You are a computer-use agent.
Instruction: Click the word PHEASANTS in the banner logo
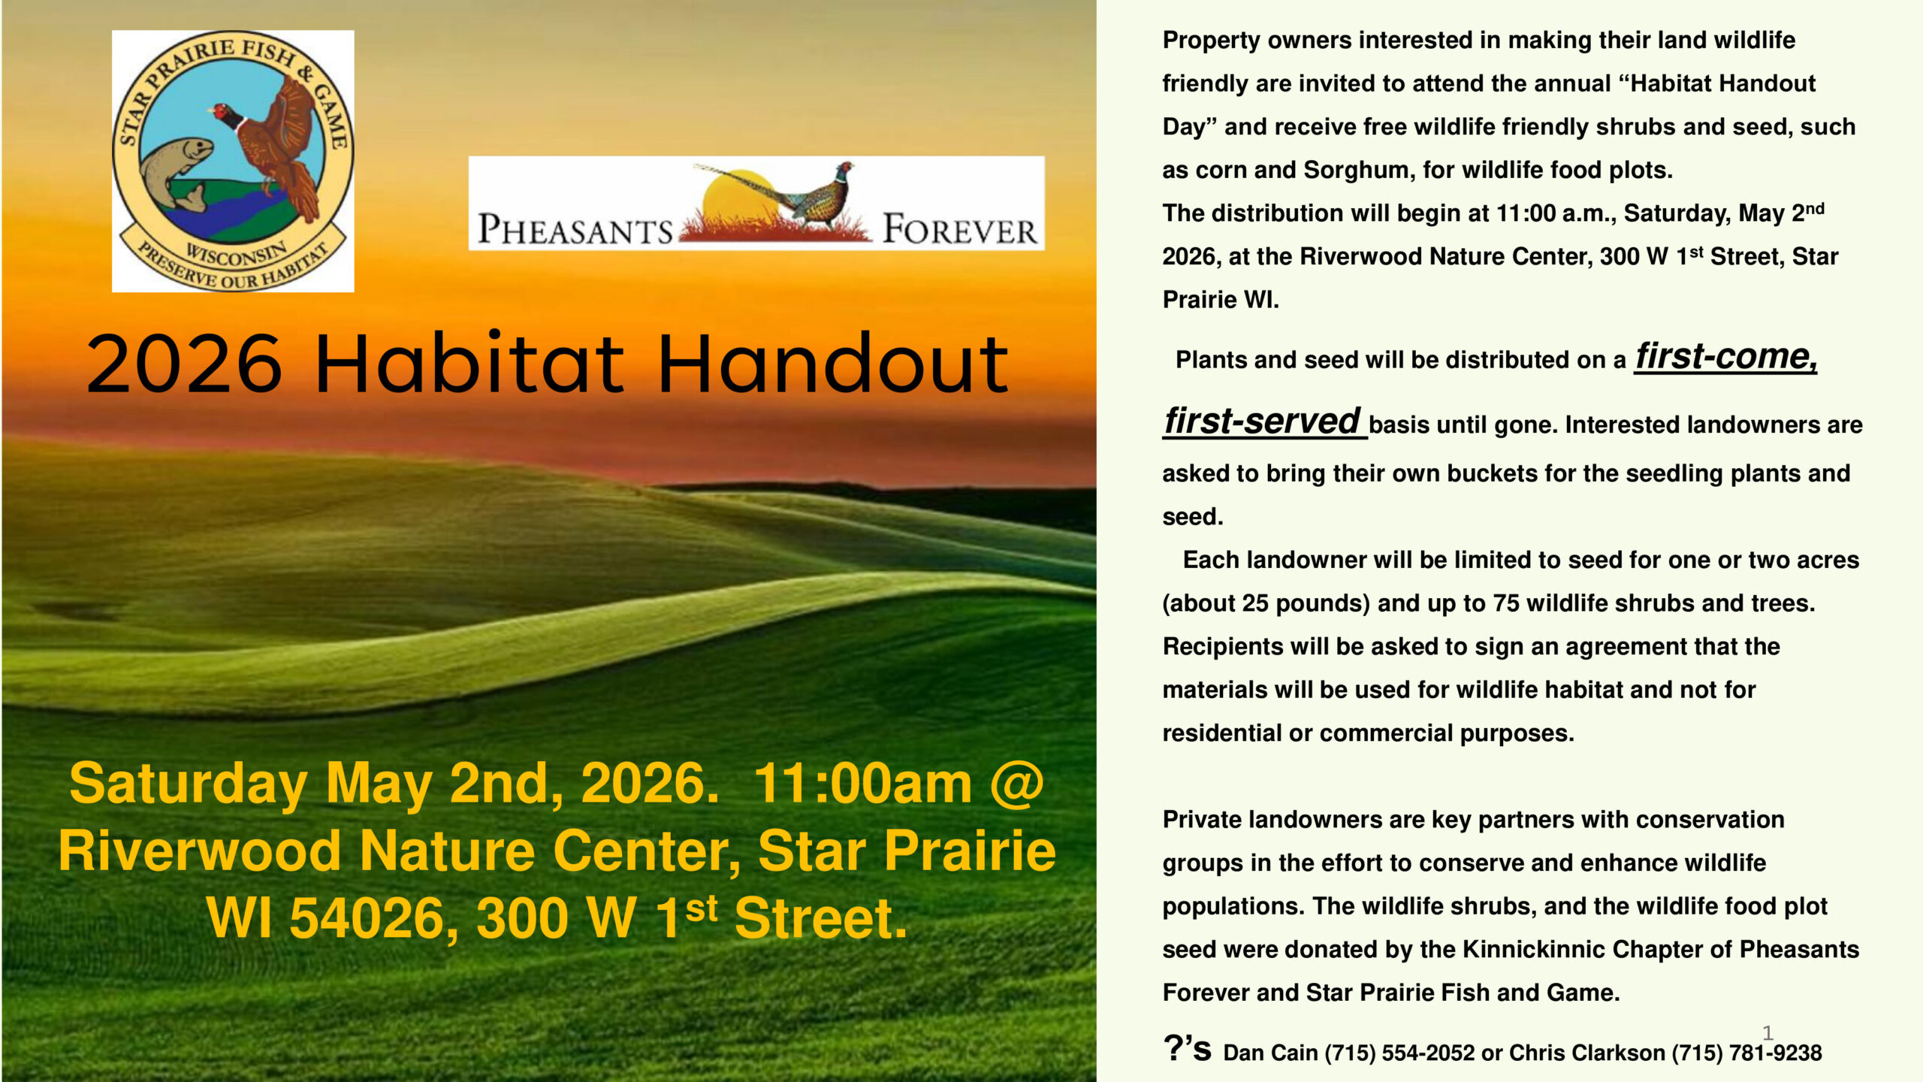[575, 229]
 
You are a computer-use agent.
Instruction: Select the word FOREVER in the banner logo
[959, 229]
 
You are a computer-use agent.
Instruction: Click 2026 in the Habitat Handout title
[185, 364]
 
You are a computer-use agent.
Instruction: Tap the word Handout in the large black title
[833, 364]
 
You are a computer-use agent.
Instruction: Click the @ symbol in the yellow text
[1016, 784]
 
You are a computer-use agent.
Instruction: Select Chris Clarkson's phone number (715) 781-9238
[1746, 1053]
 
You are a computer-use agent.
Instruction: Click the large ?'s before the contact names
[1187, 1048]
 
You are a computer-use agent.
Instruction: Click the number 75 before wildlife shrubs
[1505, 603]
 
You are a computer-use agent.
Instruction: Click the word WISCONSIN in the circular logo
[236, 255]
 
